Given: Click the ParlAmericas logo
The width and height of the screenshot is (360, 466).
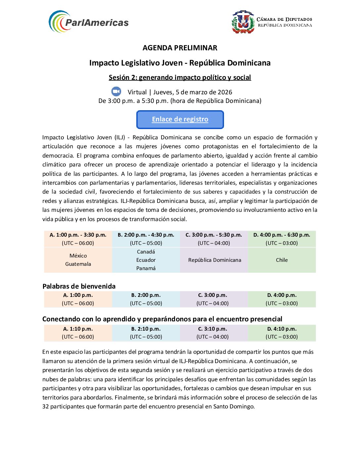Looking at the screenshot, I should (88, 22).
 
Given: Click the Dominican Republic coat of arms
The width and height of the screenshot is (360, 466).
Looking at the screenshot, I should (243, 22).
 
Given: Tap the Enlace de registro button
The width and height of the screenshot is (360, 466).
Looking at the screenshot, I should (180, 119).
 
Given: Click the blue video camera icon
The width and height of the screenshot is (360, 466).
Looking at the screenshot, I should (116, 91).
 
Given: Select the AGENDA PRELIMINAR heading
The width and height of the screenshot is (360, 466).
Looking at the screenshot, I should (180, 48).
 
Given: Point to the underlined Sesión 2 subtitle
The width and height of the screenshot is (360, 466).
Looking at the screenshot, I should (180, 77).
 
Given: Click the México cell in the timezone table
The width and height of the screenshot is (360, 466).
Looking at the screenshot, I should (78, 256).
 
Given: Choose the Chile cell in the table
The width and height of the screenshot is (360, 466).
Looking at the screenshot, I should (282, 260).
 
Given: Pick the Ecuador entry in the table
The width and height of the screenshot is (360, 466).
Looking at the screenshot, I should (146, 260).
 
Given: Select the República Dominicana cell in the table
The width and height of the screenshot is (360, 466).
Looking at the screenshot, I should (214, 260).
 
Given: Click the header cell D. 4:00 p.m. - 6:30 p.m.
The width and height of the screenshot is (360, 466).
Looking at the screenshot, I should (282, 235).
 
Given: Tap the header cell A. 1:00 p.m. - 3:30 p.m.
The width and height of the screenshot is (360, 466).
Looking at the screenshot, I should (78, 235).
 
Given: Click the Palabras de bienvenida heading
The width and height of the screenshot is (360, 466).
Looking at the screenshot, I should (79, 286).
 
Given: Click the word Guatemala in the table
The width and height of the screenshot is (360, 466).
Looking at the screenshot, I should (78, 264).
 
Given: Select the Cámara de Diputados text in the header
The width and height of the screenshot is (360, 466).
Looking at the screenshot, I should (285, 19).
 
